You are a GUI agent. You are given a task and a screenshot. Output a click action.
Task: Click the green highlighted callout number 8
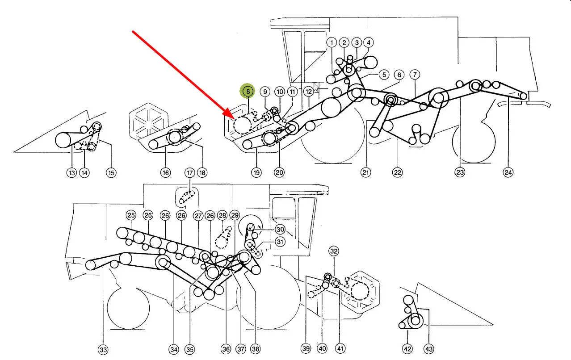click(248, 91)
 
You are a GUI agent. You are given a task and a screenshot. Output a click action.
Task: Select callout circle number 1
click(332, 43)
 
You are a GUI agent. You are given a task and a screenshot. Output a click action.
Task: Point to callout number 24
click(508, 172)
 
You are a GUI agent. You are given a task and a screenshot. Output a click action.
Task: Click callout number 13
click(71, 172)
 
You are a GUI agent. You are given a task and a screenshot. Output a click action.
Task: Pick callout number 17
click(189, 172)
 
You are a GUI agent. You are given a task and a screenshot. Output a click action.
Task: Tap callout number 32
click(334, 251)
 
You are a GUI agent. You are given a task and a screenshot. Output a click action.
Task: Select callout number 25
click(131, 215)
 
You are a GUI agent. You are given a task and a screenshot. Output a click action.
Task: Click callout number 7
click(414, 75)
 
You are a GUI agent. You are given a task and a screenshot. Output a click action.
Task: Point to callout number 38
click(255, 349)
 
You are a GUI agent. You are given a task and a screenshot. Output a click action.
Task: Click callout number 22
click(398, 172)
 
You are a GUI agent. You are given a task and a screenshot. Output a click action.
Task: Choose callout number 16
click(166, 172)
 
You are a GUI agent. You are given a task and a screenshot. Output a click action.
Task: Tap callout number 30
click(280, 229)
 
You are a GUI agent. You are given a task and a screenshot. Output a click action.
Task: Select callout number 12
click(309, 92)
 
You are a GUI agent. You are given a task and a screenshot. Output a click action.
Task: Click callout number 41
click(340, 349)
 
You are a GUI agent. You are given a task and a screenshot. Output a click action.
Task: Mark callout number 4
click(368, 43)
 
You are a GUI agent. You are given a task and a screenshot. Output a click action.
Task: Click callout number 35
click(190, 349)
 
